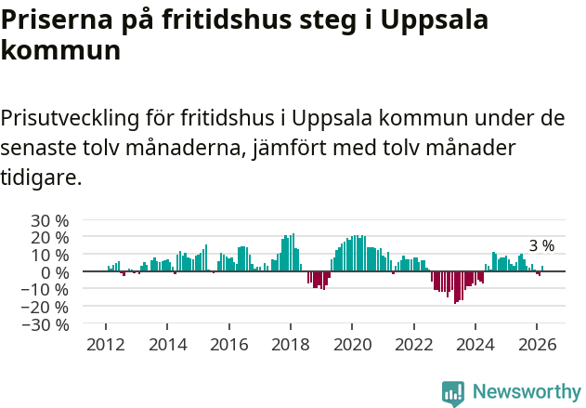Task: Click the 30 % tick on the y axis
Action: pyautogui.click(x=50, y=220)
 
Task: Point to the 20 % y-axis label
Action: pyautogui.click(x=50, y=237)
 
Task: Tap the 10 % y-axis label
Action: pyautogui.click(x=50, y=255)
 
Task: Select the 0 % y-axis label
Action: pyautogui.click(x=55, y=272)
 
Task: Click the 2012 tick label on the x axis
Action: pyautogui.click(x=106, y=343)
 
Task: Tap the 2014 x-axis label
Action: pyautogui.click(x=167, y=343)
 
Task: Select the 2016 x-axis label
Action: pyautogui.click(x=228, y=343)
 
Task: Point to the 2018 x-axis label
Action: pyautogui.click(x=290, y=343)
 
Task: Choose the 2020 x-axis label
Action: pyautogui.click(x=352, y=343)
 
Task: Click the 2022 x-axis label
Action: pyautogui.click(x=413, y=343)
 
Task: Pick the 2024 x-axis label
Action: pyautogui.click(x=475, y=343)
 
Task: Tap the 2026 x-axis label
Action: pyautogui.click(x=537, y=343)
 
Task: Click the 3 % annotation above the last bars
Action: pyautogui.click(x=541, y=246)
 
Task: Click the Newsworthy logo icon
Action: pyautogui.click(x=453, y=392)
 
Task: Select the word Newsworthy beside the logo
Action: pyautogui.click(x=526, y=392)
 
